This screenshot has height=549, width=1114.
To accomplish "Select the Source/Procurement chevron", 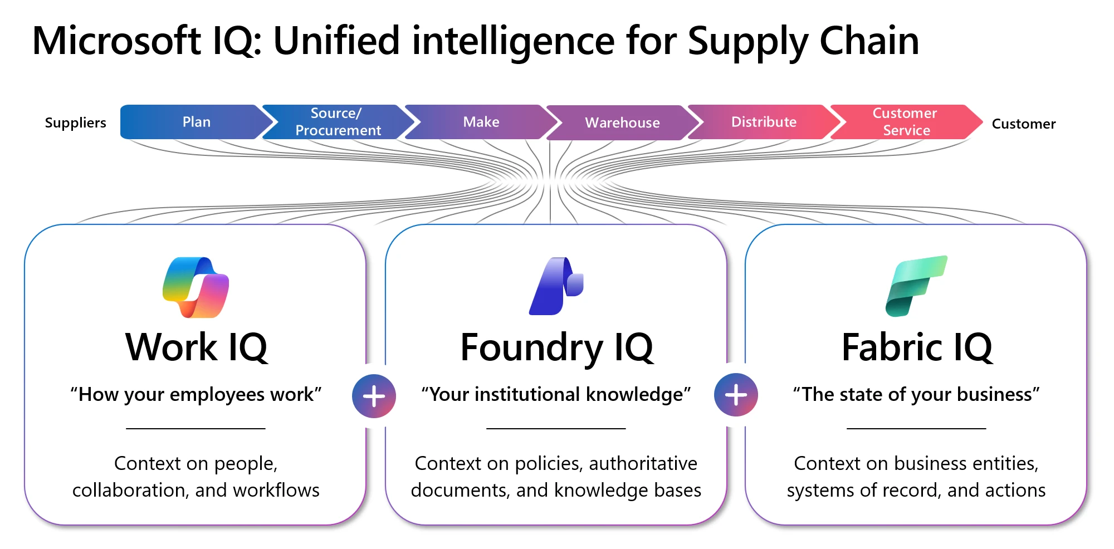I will pyautogui.click(x=338, y=122).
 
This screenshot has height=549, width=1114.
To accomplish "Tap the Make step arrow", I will pyautogui.click(x=481, y=122).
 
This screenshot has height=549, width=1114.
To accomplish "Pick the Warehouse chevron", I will pyautogui.click(x=622, y=122).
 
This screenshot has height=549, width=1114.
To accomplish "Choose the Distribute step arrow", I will pyautogui.click(x=763, y=122).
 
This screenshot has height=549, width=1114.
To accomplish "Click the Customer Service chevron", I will pyautogui.click(x=905, y=122).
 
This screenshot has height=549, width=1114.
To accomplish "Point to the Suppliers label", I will pyautogui.click(x=75, y=122).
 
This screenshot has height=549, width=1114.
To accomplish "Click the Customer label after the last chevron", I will pyautogui.click(x=1023, y=124).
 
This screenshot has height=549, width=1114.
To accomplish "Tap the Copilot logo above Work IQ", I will pyautogui.click(x=196, y=287).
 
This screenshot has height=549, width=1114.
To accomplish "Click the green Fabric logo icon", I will pyautogui.click(x=916, y=286).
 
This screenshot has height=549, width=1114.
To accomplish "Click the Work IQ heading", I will pyautogui.click(x=196, y=347).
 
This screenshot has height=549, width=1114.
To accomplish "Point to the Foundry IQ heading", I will pyautogui.click(x=556, y=347).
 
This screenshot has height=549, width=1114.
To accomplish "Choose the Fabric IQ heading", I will pyautogui.click(x=916, y=347).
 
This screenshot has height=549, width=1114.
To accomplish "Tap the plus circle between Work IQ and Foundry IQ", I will pyautogui.click(x=374, y=396).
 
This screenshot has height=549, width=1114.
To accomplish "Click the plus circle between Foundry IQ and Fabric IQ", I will pyautogui.click(x=736, y=395).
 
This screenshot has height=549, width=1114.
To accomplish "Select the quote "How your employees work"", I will pyautogui.click(x=196, y=394).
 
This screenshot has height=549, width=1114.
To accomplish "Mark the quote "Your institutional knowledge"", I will pyautogui.click(x=556, y=394).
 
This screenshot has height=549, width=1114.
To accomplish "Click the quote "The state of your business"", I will pyautogui.click(x=916, y=394).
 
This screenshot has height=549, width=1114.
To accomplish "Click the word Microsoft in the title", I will pyautogui.click(x=116, y=41).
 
